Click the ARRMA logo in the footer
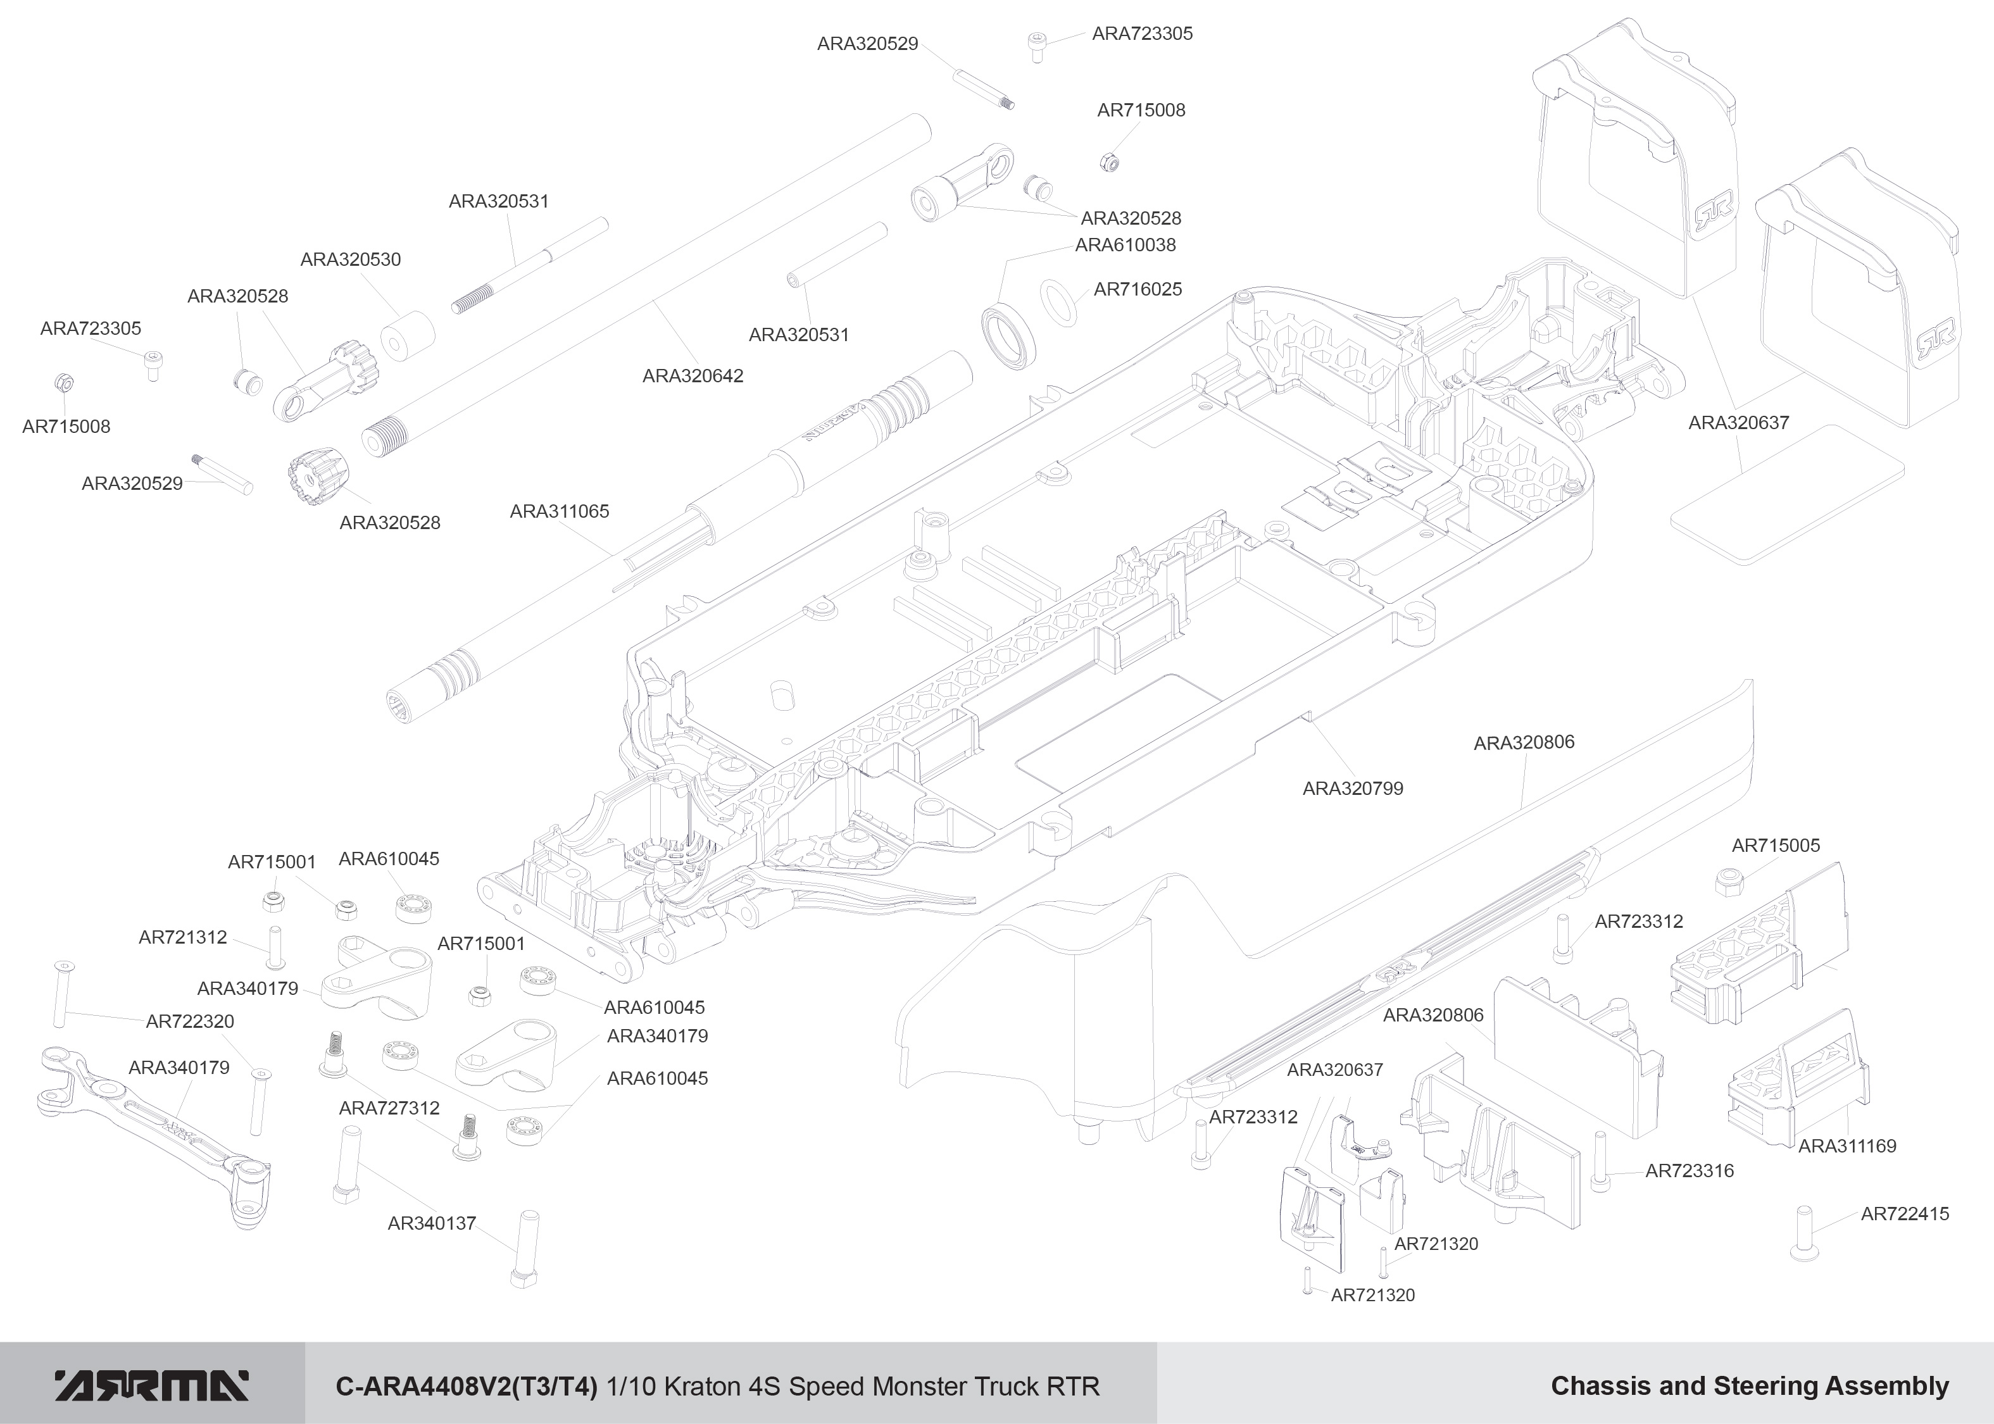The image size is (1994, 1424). coord(152,1385)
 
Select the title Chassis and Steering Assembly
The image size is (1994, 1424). coord(1750,1385)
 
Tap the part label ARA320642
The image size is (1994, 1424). coord(693,376)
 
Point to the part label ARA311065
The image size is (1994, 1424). coord(560,511)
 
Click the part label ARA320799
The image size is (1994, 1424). coord(1352,789)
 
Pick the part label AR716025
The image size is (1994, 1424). coord(1138,289)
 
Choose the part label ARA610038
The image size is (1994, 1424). coord(1125,246)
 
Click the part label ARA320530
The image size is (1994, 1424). coord(350,259)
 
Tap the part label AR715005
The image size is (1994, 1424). coord(1776,846)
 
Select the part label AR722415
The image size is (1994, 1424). coord(1905,1213)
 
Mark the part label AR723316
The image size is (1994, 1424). coord(1689,1171)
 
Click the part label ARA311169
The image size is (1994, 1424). coord(1847,1146)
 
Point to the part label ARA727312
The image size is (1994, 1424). coord(389,1108)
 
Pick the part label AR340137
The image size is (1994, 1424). coord(432,1223)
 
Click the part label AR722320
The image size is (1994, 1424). coord(189,1021)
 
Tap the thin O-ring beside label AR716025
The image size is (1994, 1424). coord(1059,303)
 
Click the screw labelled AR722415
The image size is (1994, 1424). coord(1803,1233)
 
